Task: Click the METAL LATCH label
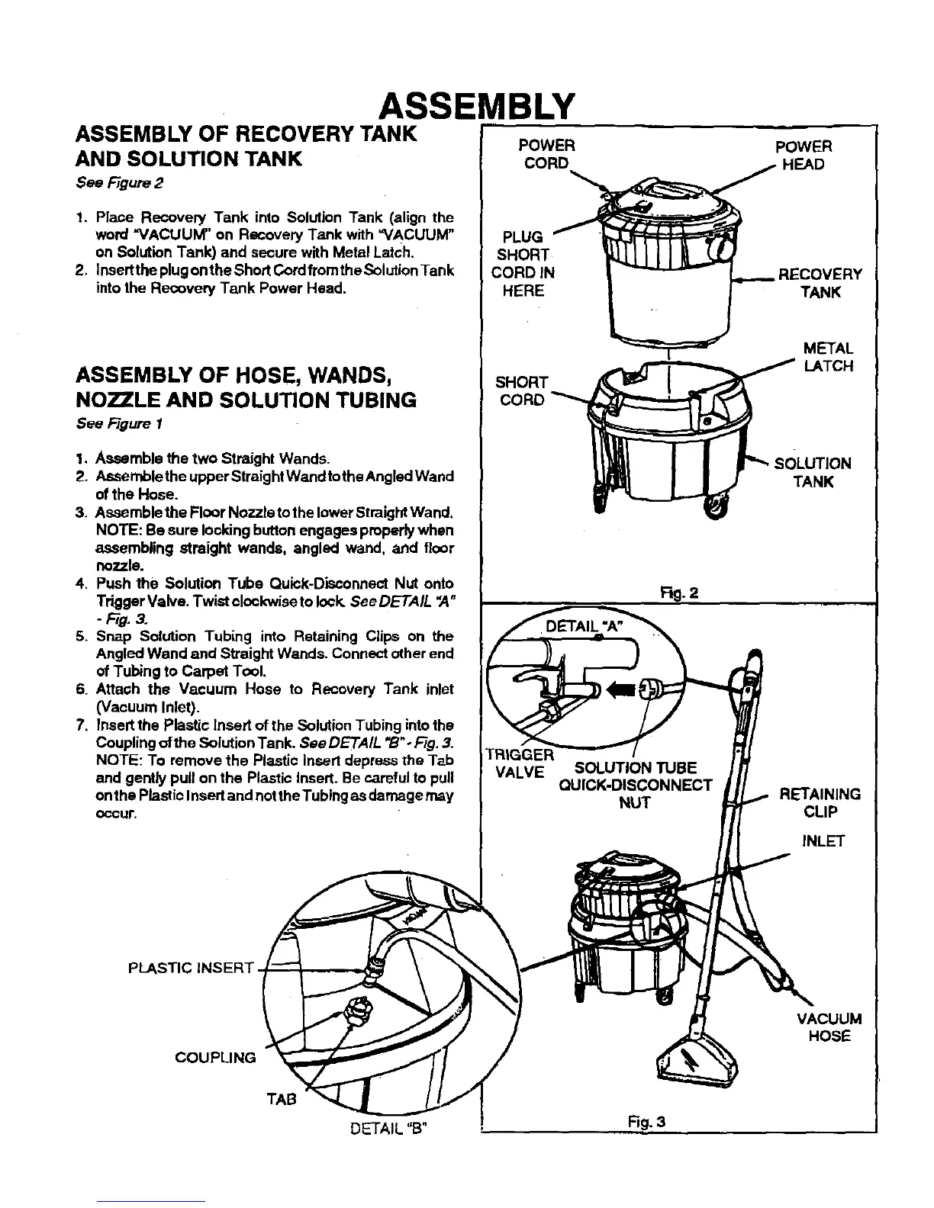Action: point(828,358)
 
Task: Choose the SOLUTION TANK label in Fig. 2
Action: point(812,472)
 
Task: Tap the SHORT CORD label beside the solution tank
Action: point(522,390)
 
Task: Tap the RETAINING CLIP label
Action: point(820,803)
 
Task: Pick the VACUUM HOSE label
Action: point(829,1027)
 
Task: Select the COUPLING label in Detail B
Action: point(215,1058)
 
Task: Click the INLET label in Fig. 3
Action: point(823,842)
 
